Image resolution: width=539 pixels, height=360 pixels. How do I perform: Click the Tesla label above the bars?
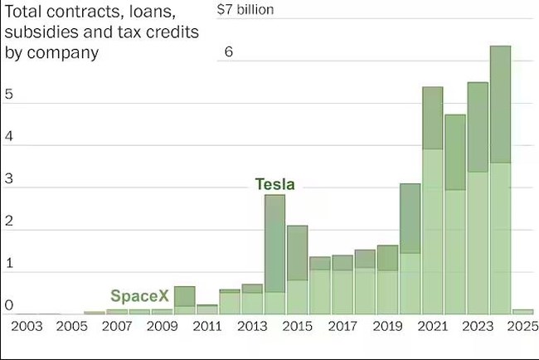(275, 184)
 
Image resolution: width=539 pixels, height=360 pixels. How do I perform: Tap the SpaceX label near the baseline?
(139, 296)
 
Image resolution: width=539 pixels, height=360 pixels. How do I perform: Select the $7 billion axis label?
(245, 10)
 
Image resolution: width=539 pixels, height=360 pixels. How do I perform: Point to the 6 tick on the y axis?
(229, 51)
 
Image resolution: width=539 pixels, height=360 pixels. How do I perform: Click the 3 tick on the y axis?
(9, 188)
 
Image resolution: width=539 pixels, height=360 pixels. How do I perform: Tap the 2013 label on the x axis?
(252, 327)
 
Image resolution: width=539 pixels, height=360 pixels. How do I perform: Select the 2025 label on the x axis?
(522, 327)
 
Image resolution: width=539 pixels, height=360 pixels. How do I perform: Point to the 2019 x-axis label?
(387, 327)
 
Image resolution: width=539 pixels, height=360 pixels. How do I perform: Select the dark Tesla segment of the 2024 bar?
(500, 104)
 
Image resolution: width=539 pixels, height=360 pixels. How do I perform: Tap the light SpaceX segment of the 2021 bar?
(432, 231)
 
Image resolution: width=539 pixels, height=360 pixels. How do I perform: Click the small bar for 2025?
(522, 312)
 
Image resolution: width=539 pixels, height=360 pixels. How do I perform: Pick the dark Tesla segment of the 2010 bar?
(185, 296)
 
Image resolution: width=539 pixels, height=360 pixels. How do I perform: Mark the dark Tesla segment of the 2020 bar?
(410, 218)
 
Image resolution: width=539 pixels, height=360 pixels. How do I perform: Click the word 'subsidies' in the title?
(41, 34)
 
